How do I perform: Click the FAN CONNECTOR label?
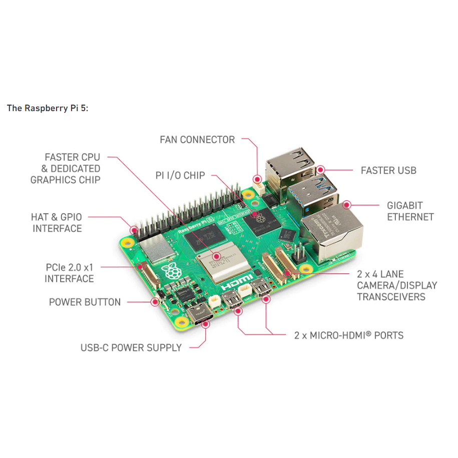[197, 140]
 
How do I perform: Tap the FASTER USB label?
[388, 171]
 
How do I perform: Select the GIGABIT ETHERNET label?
[410, 211]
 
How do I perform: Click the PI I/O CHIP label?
[180, 175]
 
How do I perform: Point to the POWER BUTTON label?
[85, 302]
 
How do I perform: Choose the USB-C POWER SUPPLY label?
[131, 347]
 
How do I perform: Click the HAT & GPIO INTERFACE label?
[57, 223]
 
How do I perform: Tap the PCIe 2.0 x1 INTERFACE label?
[69, 273]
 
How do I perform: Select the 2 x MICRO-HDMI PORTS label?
[349, 335]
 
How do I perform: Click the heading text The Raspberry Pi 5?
[48, 108]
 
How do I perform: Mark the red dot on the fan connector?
[258, 179]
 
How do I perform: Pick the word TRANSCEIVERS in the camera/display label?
[391, 297]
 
